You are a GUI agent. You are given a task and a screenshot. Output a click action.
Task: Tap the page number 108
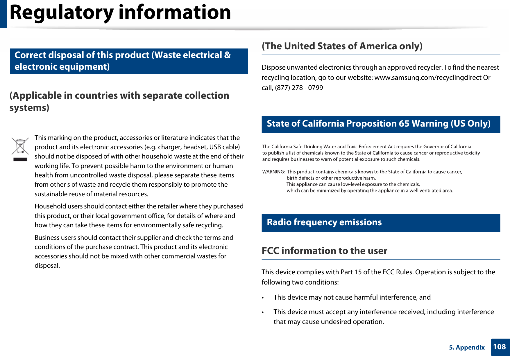coord(499,347)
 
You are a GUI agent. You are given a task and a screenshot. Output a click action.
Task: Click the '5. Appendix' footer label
coord(467,348)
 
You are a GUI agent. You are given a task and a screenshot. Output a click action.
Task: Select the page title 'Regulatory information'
coord(120,13)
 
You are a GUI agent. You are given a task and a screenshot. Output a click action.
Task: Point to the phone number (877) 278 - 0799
coord(299,88)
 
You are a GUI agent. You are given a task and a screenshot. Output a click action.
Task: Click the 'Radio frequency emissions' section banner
coord(381,223)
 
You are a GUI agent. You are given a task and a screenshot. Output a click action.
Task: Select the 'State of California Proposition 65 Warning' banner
coord(381,124)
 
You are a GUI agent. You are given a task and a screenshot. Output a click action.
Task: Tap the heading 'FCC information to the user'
coord(324,251)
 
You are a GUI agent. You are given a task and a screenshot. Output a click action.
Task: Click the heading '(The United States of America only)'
coord(342,46)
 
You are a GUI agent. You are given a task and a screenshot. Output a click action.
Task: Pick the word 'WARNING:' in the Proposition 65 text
coord(273,172)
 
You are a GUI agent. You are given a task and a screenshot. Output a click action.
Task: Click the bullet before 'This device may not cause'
coord(263,298)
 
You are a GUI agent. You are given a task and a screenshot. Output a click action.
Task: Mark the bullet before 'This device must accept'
coord(263,312)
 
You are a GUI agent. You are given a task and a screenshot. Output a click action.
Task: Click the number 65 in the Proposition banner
coord(404,124)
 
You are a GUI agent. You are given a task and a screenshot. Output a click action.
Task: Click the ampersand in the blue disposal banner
coord(228,55)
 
